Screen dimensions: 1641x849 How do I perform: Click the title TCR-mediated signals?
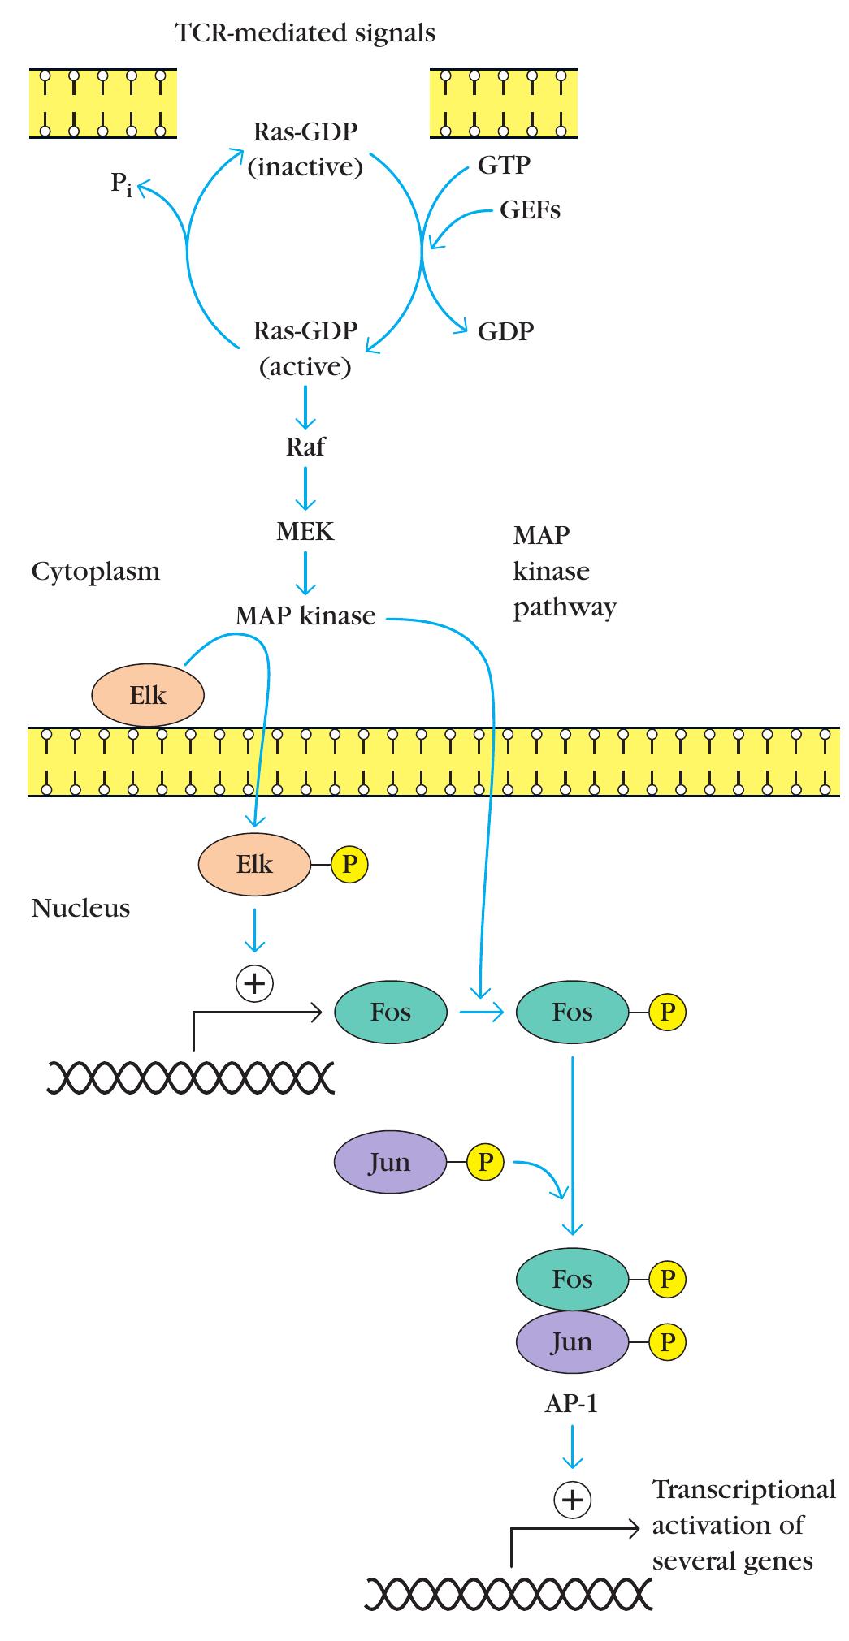point(305,33)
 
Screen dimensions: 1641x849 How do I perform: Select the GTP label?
point(504,165)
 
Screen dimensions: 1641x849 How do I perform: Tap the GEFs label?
point(530,210)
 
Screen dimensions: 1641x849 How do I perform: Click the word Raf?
point(305,447)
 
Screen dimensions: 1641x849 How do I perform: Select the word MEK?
point(305,532)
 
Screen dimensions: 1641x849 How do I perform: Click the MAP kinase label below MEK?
point(305,615)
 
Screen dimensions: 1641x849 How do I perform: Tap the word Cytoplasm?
point(96,572)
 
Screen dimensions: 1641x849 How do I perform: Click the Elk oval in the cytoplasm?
point(148,695)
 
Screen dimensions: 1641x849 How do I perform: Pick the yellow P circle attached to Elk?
point(350,864)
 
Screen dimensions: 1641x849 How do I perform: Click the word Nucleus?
point(80,908)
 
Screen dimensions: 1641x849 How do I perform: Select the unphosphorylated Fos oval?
point(391,1012)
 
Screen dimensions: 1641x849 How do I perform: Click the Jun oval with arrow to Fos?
point(390,1162)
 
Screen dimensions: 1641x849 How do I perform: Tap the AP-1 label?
point(571,1404)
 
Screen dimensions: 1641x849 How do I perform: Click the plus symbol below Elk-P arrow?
point(254,984)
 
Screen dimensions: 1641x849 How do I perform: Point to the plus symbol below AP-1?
point(572,1500)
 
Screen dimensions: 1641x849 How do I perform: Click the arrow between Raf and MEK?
point(305,490)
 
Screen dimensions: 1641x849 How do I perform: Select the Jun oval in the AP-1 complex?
point(572,1341)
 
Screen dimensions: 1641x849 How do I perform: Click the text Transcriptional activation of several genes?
point(743,1525)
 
